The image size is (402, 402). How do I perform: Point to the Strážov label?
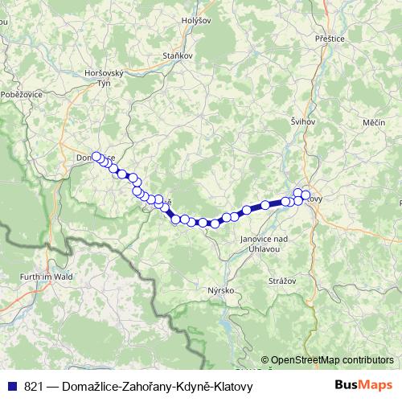click(285, 281)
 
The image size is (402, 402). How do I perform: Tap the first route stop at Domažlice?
click(96, 157)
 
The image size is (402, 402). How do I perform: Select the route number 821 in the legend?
click(34, 387)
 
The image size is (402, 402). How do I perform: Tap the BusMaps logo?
click(363, 386)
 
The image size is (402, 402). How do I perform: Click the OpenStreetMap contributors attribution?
click(332, 360)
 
